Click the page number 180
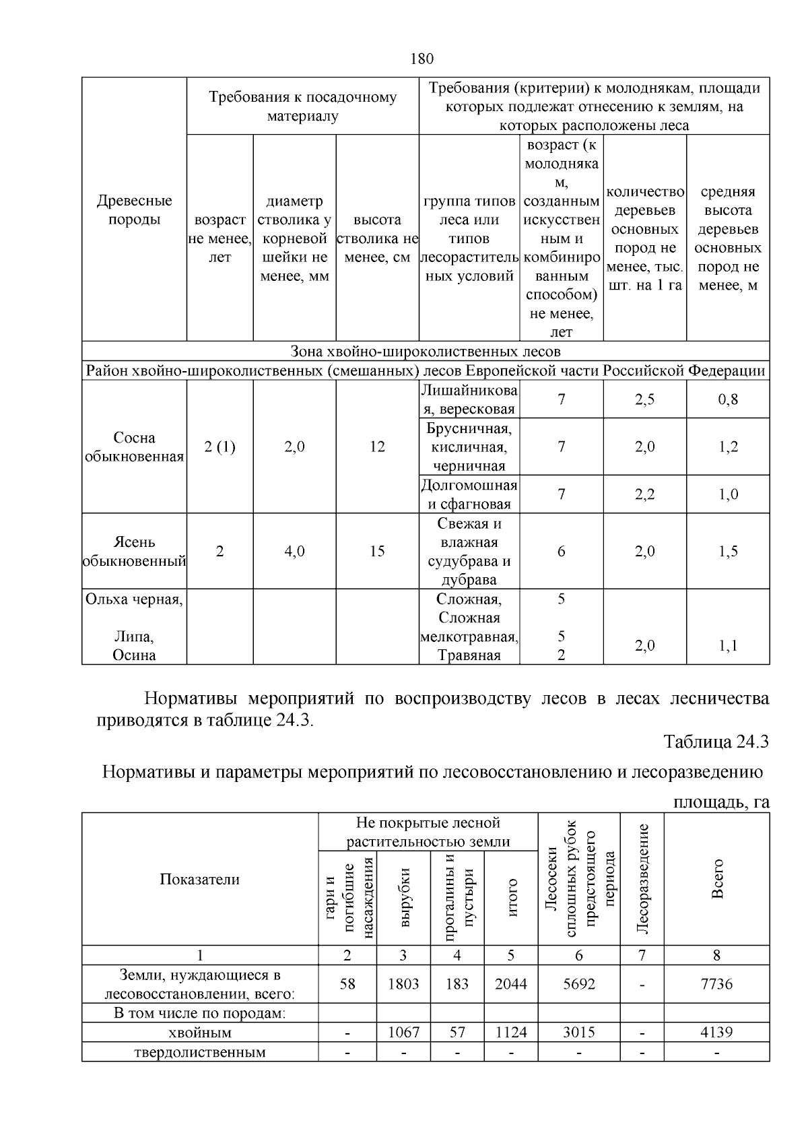(x=422, y=59)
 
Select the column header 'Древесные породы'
(x=134, y=210)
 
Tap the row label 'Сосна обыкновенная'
(x=134, y=447)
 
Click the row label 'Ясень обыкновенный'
(x=134, y=551)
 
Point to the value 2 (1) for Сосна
(x=220, y=447)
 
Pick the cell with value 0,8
(x=728, y=399)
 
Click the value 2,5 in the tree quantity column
(x=644, y=399)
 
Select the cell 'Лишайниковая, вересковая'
(x=469, y=399)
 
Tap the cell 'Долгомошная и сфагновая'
(x=469, y=494)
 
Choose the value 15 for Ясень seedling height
(x=377, y=551)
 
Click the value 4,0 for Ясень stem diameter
(x=294, y=551)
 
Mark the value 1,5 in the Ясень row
(x=728, y=551)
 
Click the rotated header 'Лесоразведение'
(x=642, y=879)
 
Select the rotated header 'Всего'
(x=717, y=879)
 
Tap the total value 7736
(x=716, y=984)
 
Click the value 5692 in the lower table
(x=579, y=984)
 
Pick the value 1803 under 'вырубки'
(x=403, y=984)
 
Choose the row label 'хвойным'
(x=200, y=1033)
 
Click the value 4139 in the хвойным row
(x=716, y=1033)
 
